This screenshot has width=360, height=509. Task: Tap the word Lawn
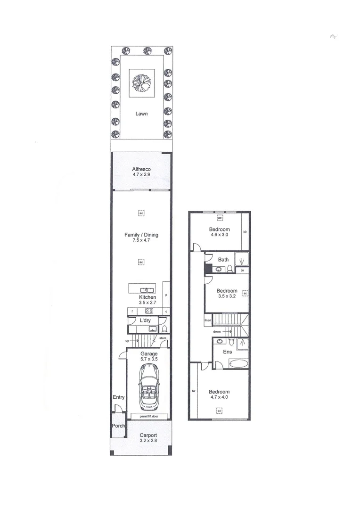coord(141,114)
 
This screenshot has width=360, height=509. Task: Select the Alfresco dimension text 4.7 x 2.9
coord(141,175)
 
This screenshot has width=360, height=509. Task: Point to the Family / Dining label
coord(141,235)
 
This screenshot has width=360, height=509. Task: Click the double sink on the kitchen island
coord(146,290)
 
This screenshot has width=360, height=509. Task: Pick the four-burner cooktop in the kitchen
coord(149,311)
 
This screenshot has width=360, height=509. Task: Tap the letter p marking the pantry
coord(166,295)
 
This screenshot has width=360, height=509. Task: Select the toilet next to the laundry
coord(162,328)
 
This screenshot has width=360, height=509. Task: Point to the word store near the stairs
coord(163,338)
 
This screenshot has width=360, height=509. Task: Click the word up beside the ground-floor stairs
coord(127,340)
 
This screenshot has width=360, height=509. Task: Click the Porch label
coord(117,426)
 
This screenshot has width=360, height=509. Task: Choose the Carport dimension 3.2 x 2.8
coord(148,441)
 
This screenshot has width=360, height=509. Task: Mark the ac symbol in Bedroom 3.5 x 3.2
coord(245,293)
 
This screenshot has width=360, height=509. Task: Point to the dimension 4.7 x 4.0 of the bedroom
coord(219,397)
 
